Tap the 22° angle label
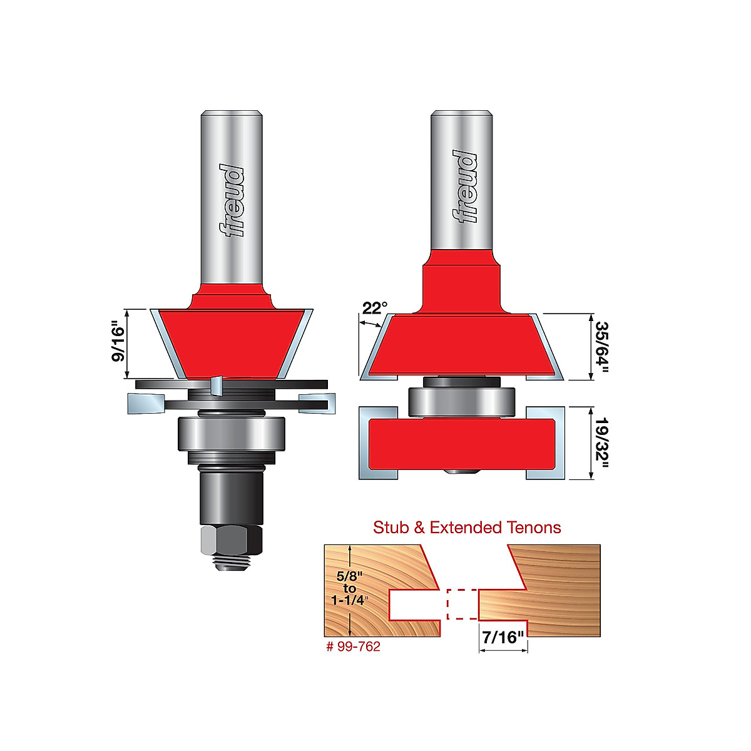click(x=375, y=308)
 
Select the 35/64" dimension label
click(x=601, y=347)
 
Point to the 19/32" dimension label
click(x=601, y=443)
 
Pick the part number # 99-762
click(x=353, y=646)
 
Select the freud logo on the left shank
click(x=232, y=201)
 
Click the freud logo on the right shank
click(x=464, y=187)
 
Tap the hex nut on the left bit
click(x=231, y=539)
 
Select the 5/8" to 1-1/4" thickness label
click(x=349, y=588)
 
